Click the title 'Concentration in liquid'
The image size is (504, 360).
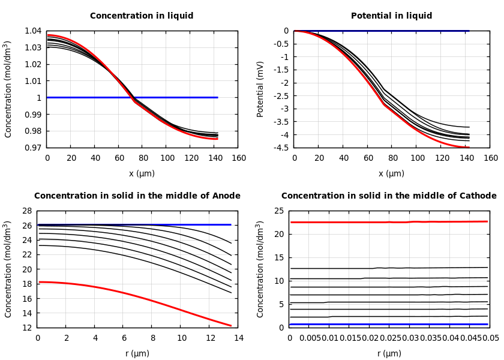coord(142,16)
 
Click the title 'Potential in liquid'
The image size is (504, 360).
coord(391,16)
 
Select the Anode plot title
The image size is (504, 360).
coord(137,196)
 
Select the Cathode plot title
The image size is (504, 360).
coord(389,196)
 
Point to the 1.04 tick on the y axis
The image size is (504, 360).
coord(34,31)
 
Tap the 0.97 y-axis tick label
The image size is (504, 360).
coord(34,148)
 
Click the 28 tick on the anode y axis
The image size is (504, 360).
coord(26,211)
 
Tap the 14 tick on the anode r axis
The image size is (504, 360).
coord(238,338)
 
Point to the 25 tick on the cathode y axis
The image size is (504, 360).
coord(278,211)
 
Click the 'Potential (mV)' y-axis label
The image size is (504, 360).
coord(260,89)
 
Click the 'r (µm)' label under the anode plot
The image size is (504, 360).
coord(137,353)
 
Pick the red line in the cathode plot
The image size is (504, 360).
coord(360,222)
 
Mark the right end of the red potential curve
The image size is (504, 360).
coord(468,147)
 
